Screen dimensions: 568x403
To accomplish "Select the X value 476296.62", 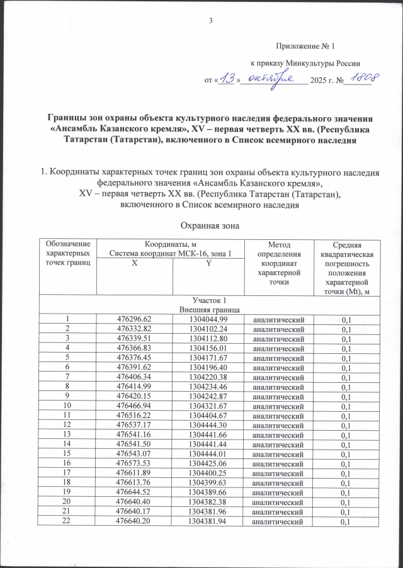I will point(135,321).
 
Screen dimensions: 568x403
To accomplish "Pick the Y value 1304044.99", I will point(208,321).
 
